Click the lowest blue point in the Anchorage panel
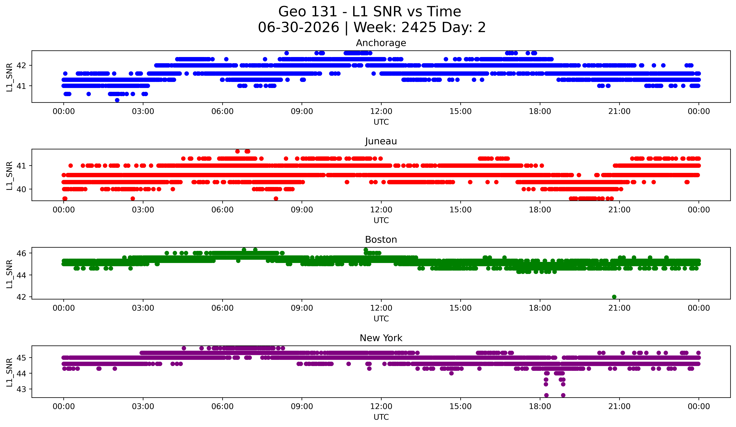pyautogui.click(x=117, y=100)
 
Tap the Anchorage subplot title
pyautogui.click(x=381, y=43)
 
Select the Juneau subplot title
pyautogui.click(x=381, y=141)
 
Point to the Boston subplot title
pyautogui.click(x=381, y=240)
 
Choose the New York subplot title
pyautogui.click(x=381, y=338)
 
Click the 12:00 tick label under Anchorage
pyautogui.click(x=381, y=111)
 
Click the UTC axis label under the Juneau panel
pyautogui.click(x=381, y=220)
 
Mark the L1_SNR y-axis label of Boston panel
pyautogui.click(x=9, y=274)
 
